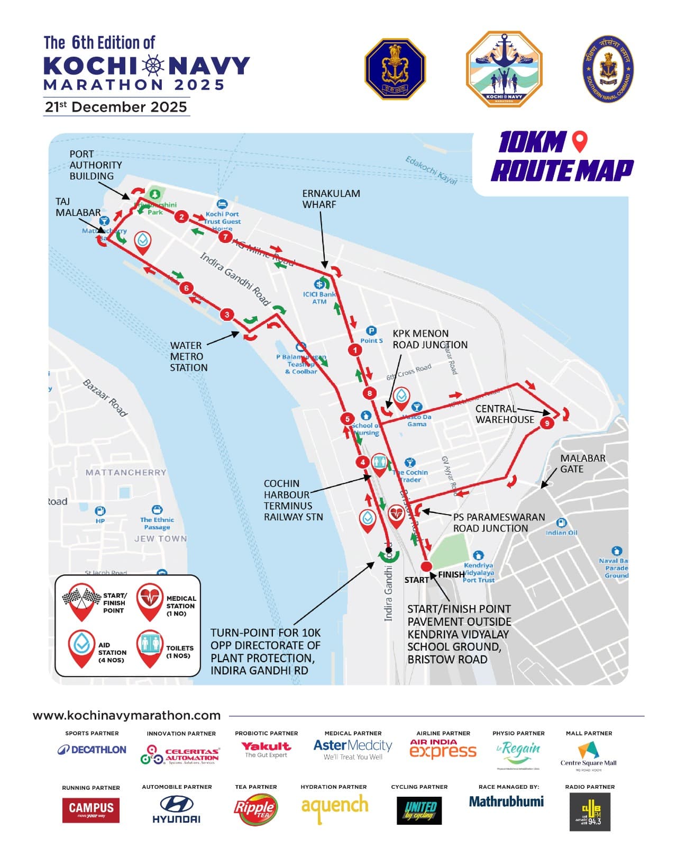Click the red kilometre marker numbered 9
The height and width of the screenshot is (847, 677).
547,422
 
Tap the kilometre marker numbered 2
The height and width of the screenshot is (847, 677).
182,217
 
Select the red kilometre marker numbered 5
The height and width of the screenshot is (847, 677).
347,419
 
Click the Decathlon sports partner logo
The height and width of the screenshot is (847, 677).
92,750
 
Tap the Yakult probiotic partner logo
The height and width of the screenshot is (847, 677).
266,749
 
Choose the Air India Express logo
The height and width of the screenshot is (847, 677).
443,749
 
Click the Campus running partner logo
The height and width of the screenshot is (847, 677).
91,810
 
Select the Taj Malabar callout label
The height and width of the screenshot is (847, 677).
78,207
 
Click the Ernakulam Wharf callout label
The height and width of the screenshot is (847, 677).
331,199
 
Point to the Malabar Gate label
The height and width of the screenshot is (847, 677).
583,463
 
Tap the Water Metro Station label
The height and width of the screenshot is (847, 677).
188,356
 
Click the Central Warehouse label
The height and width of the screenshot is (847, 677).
504,414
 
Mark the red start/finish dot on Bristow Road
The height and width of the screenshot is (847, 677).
426,566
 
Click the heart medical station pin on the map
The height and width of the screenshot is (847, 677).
397,515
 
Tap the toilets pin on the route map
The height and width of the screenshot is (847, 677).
379,464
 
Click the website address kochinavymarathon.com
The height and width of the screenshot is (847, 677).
127,715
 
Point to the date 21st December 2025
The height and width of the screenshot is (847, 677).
116,107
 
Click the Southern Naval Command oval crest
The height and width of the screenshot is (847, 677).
608,69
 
